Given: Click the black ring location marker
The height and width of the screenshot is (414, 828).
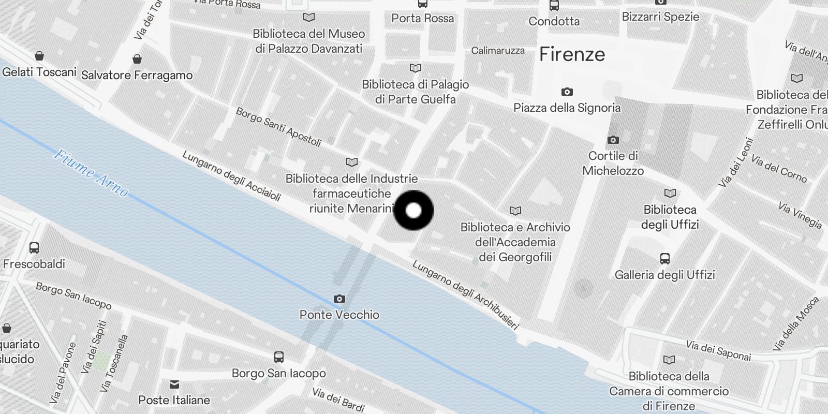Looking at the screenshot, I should point(413,211).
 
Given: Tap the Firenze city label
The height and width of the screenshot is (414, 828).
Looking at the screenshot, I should point(572,54).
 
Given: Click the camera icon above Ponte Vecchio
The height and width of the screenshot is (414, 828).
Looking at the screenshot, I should point(339,299).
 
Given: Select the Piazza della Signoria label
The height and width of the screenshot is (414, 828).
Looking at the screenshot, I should point(567,108).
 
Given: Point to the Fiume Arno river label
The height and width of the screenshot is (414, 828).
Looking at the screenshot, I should point(91,173).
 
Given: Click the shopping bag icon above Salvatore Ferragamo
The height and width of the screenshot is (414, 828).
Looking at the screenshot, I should point(137,59).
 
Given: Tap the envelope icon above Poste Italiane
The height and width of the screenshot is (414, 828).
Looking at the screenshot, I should point(174,384).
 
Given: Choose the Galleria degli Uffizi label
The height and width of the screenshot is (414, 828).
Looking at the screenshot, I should point(664,275).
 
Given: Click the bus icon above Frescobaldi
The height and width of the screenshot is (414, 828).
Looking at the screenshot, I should point(34,248).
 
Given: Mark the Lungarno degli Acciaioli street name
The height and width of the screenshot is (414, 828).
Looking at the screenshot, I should point(231,176).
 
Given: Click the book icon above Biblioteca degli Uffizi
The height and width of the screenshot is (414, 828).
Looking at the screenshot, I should point(670,194).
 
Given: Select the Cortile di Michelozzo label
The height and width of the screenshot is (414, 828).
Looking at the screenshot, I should point(613,163).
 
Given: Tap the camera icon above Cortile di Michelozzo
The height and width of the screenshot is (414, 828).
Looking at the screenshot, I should point(613,140).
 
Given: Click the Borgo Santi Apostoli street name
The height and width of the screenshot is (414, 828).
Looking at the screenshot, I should point(278,126).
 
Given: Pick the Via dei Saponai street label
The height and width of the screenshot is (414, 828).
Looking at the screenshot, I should point(718,350).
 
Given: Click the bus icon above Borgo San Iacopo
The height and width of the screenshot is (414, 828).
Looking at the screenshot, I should point(279,357).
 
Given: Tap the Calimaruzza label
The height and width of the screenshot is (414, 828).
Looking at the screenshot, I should point(498,51).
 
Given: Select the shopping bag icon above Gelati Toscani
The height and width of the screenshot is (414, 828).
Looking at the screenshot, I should point(39,56).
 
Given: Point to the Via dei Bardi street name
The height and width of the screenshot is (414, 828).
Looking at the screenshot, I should point(338,400).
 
